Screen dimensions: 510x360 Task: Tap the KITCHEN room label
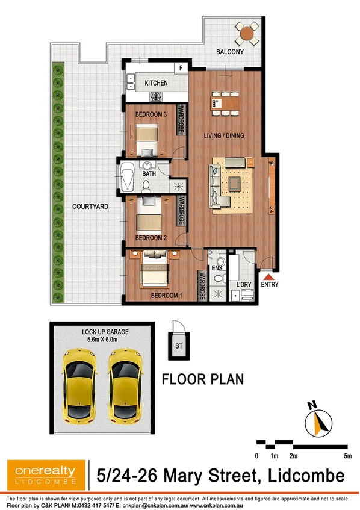[156, 83]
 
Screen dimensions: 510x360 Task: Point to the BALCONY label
[231, 52]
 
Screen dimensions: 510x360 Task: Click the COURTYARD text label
[90, 207]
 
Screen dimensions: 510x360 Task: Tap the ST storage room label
[179, 346]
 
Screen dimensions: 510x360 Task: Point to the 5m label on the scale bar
[348, 456]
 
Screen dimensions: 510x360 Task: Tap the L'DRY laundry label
[244, 284]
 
